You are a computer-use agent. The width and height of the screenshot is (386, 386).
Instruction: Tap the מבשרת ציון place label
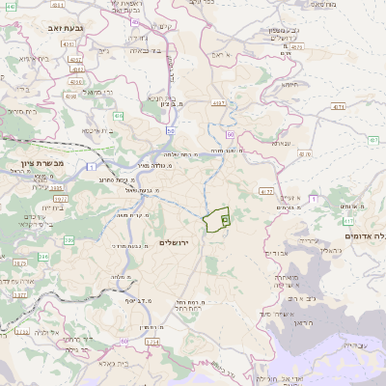45,163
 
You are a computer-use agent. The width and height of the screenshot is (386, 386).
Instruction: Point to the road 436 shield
119,116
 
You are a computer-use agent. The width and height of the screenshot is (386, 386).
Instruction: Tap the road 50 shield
170,130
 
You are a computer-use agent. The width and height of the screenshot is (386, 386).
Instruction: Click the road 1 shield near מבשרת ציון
89,169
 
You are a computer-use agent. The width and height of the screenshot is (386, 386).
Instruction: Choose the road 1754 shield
151,342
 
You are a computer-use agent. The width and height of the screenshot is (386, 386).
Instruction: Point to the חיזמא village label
289,84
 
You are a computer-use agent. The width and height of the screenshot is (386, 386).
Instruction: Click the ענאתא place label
282,143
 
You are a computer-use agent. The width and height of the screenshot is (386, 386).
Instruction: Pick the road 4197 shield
218,102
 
